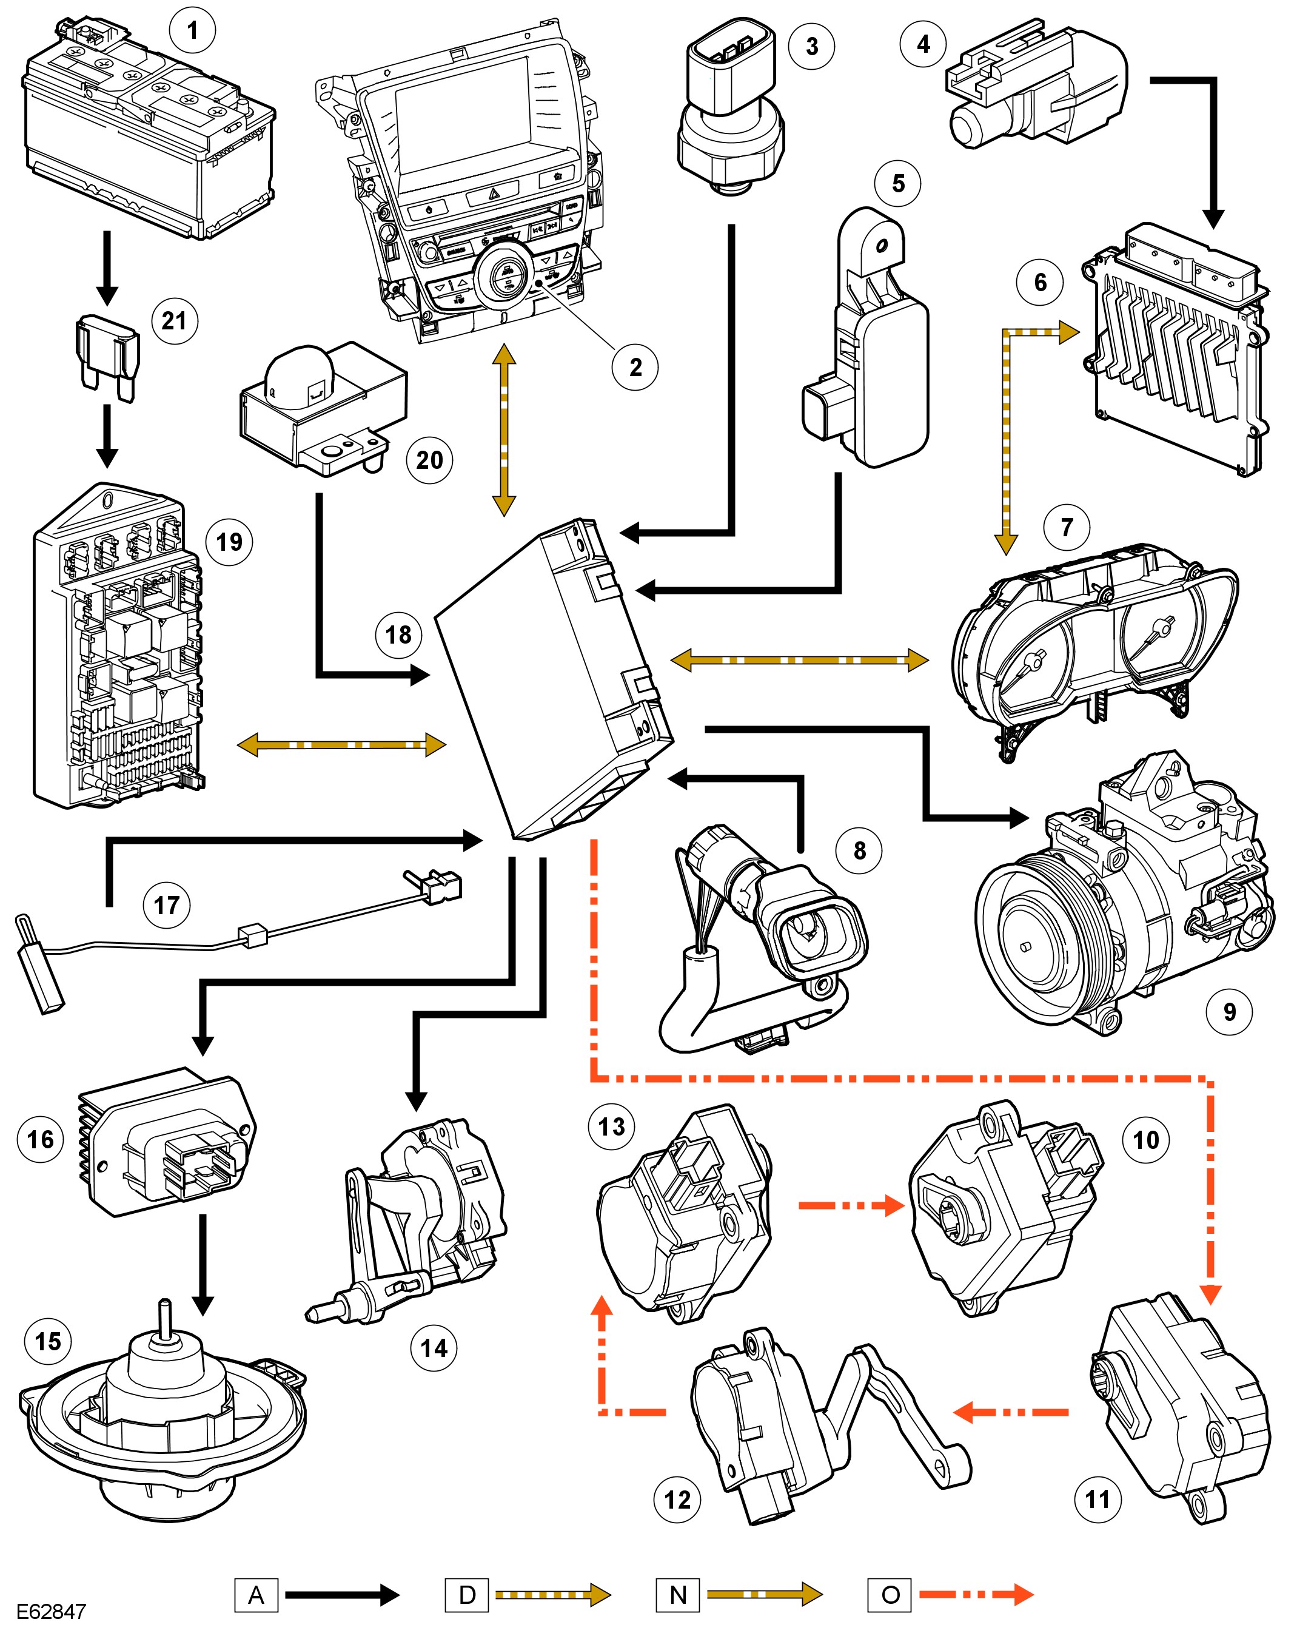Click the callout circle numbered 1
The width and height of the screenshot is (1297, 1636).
pos(192,30)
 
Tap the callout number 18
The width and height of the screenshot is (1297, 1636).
pos(398,635)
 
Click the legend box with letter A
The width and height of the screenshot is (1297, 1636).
pos(256,1594)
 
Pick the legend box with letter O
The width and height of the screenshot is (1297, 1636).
pos(891,1594)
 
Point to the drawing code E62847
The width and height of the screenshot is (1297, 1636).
pos(51,1612)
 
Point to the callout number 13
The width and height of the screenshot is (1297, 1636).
pos(612,1127)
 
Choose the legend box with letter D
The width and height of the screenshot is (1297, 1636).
pos(468,1594)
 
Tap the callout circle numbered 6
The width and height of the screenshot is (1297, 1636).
pos(1040,282)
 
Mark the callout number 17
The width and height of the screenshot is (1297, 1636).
pos(166,904)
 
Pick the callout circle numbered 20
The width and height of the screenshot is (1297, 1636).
pos(429,460)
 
